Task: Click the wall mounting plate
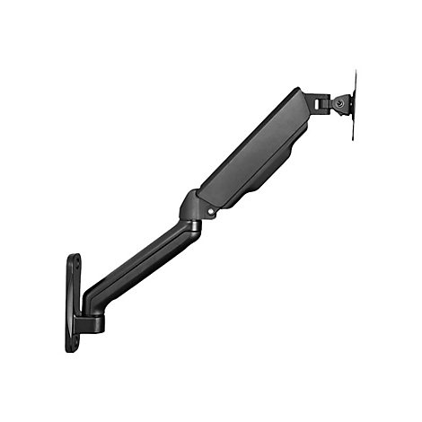point(73,302)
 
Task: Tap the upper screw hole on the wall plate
point(75,266)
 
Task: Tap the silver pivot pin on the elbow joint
point(211,213)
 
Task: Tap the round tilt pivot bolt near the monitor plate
point(338,103)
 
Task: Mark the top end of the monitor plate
point(353,72)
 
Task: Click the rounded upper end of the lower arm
point(190,231)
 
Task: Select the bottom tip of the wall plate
point(70,349)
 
